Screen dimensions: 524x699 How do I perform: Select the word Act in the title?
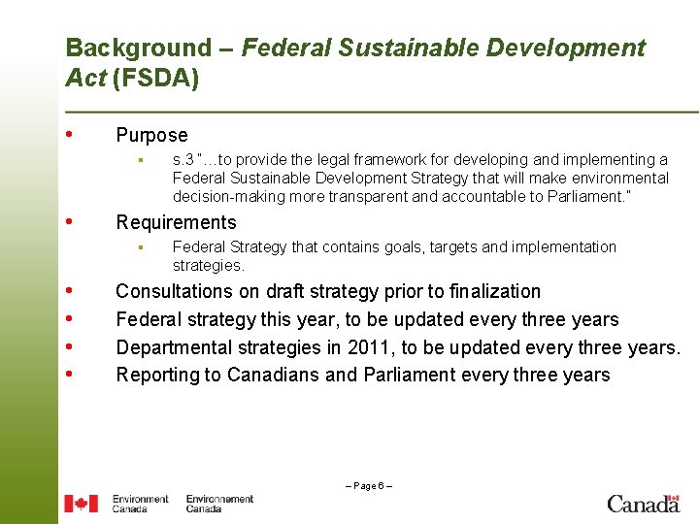[x=85, y=78]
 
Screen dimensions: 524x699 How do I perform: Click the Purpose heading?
[x=151, y=136]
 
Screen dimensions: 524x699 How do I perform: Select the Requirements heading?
[x=176, y=223]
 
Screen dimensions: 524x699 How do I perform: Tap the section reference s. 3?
[x=182, y=160]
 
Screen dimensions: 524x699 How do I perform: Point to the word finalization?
[x=492, y=291]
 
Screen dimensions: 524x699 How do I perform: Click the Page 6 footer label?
[x=369, y=485]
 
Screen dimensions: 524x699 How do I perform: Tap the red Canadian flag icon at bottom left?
[x=81, y=504]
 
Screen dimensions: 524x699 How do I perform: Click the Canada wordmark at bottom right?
[x=643, y=503]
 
